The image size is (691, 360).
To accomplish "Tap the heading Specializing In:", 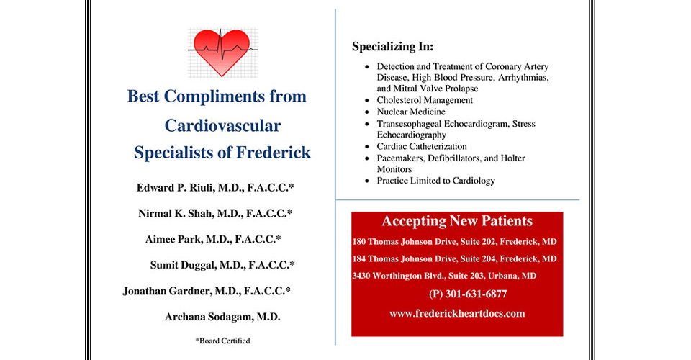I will point(392,48).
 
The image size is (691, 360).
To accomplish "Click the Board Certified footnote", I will point(222,341).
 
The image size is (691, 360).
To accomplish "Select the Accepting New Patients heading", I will point(457,221).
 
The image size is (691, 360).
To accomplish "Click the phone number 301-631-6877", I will point(468,294).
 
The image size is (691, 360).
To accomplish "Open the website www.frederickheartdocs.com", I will point(457,313).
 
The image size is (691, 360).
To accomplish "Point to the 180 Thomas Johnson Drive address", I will point(454,241).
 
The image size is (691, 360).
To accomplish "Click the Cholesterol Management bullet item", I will point(425,100).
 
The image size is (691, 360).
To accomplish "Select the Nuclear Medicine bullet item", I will point(411,112).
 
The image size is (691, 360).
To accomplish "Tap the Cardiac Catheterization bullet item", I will point(422,146).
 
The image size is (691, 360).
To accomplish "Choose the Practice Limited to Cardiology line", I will point(435,181).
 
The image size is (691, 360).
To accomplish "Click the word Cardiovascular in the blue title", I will point(222,125).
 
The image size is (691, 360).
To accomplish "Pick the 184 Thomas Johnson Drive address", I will point(454,258).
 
